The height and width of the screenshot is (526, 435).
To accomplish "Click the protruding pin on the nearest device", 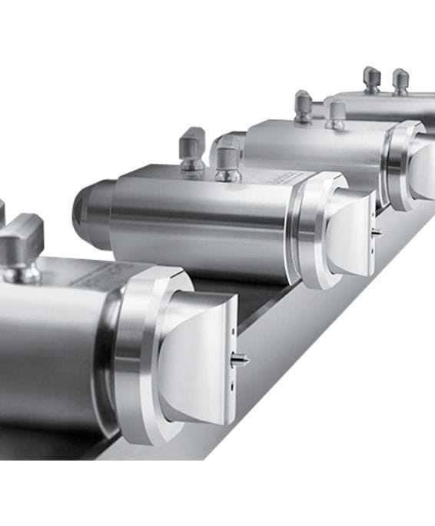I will (x=241, y=359).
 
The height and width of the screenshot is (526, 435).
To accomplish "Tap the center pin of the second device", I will (x=377, y=231).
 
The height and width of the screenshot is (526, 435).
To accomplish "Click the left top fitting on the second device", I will (x=192, y=148).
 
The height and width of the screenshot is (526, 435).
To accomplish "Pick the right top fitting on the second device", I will (x=228, y=162).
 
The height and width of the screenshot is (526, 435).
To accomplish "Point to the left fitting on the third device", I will (x=304, y=106).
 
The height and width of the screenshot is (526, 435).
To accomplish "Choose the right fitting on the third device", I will (x=335, y=115).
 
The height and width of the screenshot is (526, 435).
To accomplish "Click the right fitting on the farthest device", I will (x=400, y=81).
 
